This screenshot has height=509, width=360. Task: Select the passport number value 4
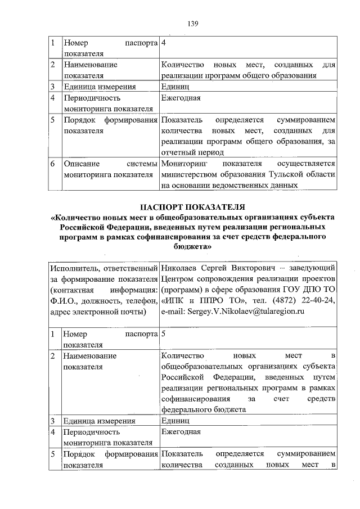click(163, 43)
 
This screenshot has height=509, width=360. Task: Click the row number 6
click(52, 164)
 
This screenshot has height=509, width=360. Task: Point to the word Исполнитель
click(71, 268)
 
